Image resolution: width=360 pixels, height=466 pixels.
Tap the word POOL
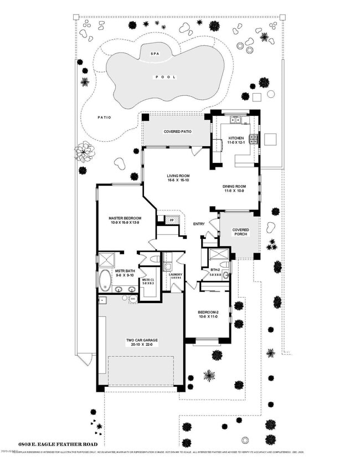click(161, 78)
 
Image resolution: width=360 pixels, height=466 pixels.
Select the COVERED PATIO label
click(177, 132)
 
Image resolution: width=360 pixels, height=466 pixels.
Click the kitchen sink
click(236, 119)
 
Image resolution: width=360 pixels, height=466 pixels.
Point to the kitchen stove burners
click(254, 139)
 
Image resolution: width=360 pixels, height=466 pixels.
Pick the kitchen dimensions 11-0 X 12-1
click(236, 142)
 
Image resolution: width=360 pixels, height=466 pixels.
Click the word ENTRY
click(199, 224)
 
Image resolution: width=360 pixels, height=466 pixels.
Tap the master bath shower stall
click(106, 260)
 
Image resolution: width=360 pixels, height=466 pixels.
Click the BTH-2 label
click(215, 270)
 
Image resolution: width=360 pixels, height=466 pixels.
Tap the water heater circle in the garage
click(133, 299)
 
